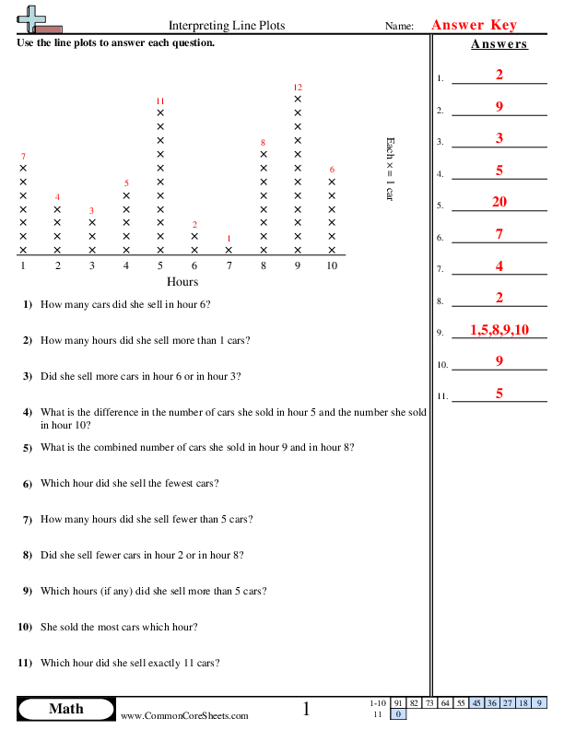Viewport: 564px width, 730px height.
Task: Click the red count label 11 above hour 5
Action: (x=160, y=100)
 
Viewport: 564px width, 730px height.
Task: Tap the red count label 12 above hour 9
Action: (x=298, y=87)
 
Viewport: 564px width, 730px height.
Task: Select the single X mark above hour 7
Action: (x=229, y=250)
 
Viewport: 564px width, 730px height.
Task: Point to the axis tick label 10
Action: (x=332, y=265)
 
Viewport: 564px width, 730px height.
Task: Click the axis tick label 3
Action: (x=91, y=265)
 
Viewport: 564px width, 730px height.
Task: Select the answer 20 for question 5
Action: (x=499, y=203)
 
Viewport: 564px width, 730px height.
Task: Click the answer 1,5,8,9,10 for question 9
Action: (x=499, y=330)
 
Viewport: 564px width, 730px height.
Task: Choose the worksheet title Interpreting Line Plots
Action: (x=227, y=26)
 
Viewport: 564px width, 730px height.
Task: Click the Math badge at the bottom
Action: (x=65, y=709)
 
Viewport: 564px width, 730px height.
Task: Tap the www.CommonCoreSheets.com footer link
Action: (x=184, y=715)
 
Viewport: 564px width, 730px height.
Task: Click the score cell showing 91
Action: (x=398, y=702)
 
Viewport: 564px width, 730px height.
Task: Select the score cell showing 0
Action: (x=398, y=714)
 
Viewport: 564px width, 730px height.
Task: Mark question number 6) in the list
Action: (x=27, y=483)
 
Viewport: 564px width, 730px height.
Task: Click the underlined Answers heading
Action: (x=499, y=44)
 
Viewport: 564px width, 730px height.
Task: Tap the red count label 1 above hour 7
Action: (x=229, y=238)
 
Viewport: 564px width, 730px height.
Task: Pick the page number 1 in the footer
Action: (x=307, y=709)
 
